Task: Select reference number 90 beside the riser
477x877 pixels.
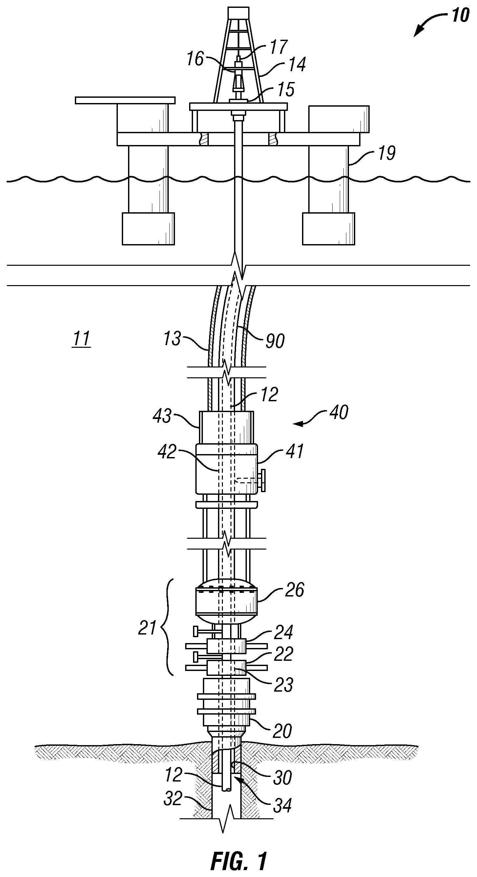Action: [x=275, y=341]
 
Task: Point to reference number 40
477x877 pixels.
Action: [x=339, y=412]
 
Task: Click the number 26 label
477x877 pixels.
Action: [x=294, y=590]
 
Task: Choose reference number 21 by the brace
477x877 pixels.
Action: [x=147, y=627]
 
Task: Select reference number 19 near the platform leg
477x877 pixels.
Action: [x=386, y=153]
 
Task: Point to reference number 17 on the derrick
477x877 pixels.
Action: [x=279, y=47]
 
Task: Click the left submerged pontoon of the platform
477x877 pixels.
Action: [x=148, y=229]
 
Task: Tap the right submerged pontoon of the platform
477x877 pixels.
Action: [x=328, y=229]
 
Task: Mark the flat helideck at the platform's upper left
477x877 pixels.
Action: [x=125, y=100]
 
